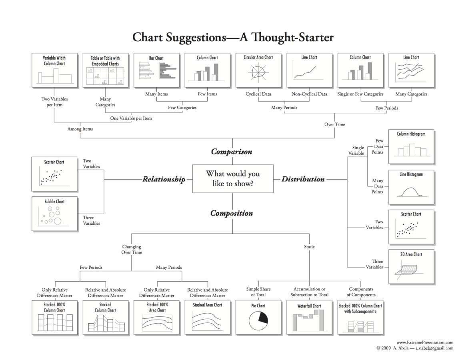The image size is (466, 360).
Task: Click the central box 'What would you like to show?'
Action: click(x=233, y=179)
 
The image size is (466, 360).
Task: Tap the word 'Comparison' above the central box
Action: click(x=232, y=152)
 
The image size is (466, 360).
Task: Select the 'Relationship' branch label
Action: click(x=164, y=179)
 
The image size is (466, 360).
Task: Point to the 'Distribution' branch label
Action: click(x=303, y=179)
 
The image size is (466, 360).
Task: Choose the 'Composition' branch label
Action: click(x=232, y=213)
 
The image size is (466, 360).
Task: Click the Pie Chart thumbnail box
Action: click(x=258, y=317)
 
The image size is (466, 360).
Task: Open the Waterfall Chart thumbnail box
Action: click(x=309, y=317)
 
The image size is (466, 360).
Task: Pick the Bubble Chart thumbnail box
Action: click(x=54, y=213)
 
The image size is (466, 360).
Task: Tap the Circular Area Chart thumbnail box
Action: click(x=258, y=70)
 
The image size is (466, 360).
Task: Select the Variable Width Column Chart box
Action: click(x=54, y=70)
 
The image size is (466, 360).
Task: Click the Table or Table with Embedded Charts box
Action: click(x=105, y=70)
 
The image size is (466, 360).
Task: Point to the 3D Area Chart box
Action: click(x=411, y=266)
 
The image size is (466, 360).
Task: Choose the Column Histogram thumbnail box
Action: click(x=411, y=146)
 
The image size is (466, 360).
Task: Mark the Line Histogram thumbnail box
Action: click(x=411, y=187)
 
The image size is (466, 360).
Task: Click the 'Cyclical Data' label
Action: click(x=258, y=94)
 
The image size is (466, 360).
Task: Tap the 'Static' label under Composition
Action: click(x=309, y=247)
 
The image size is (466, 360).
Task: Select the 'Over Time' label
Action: click(x=334, y=124)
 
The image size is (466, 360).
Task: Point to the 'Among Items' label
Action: click(x=80, y=129)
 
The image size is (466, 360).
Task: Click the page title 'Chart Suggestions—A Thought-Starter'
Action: click(x=233, y=38)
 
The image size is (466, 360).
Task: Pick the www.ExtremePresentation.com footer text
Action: click(x=425, y=342)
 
